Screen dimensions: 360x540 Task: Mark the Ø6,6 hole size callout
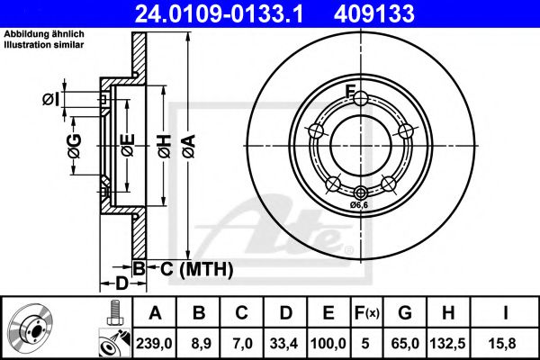point(361,205)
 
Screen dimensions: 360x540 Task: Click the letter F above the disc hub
point(353,90)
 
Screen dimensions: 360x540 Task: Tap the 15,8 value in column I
point(505,342)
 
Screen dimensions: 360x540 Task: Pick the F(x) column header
point(366,313)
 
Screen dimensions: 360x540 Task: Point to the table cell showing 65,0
point(406,342)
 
